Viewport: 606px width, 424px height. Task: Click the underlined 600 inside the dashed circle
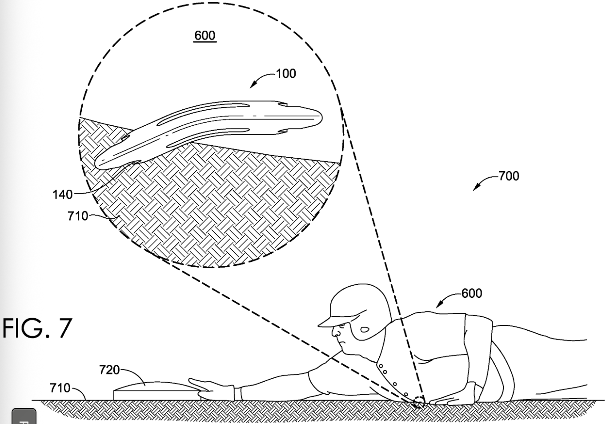[205, 36]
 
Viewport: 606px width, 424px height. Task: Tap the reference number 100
[286, 73]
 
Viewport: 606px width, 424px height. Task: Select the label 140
[62, 194]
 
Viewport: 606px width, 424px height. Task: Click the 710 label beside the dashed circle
[78, 216]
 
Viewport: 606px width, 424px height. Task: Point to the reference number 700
[509, 176]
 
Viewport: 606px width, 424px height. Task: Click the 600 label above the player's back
[471, 293]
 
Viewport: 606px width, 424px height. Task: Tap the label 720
[109, 369]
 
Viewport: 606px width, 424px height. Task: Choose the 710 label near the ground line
[60, 388]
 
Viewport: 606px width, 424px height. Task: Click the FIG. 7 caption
[36, 328]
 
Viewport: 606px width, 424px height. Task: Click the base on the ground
[156, 391]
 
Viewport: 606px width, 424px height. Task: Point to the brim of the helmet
[329, 321]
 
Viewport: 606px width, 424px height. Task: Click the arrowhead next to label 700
[475, 188]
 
